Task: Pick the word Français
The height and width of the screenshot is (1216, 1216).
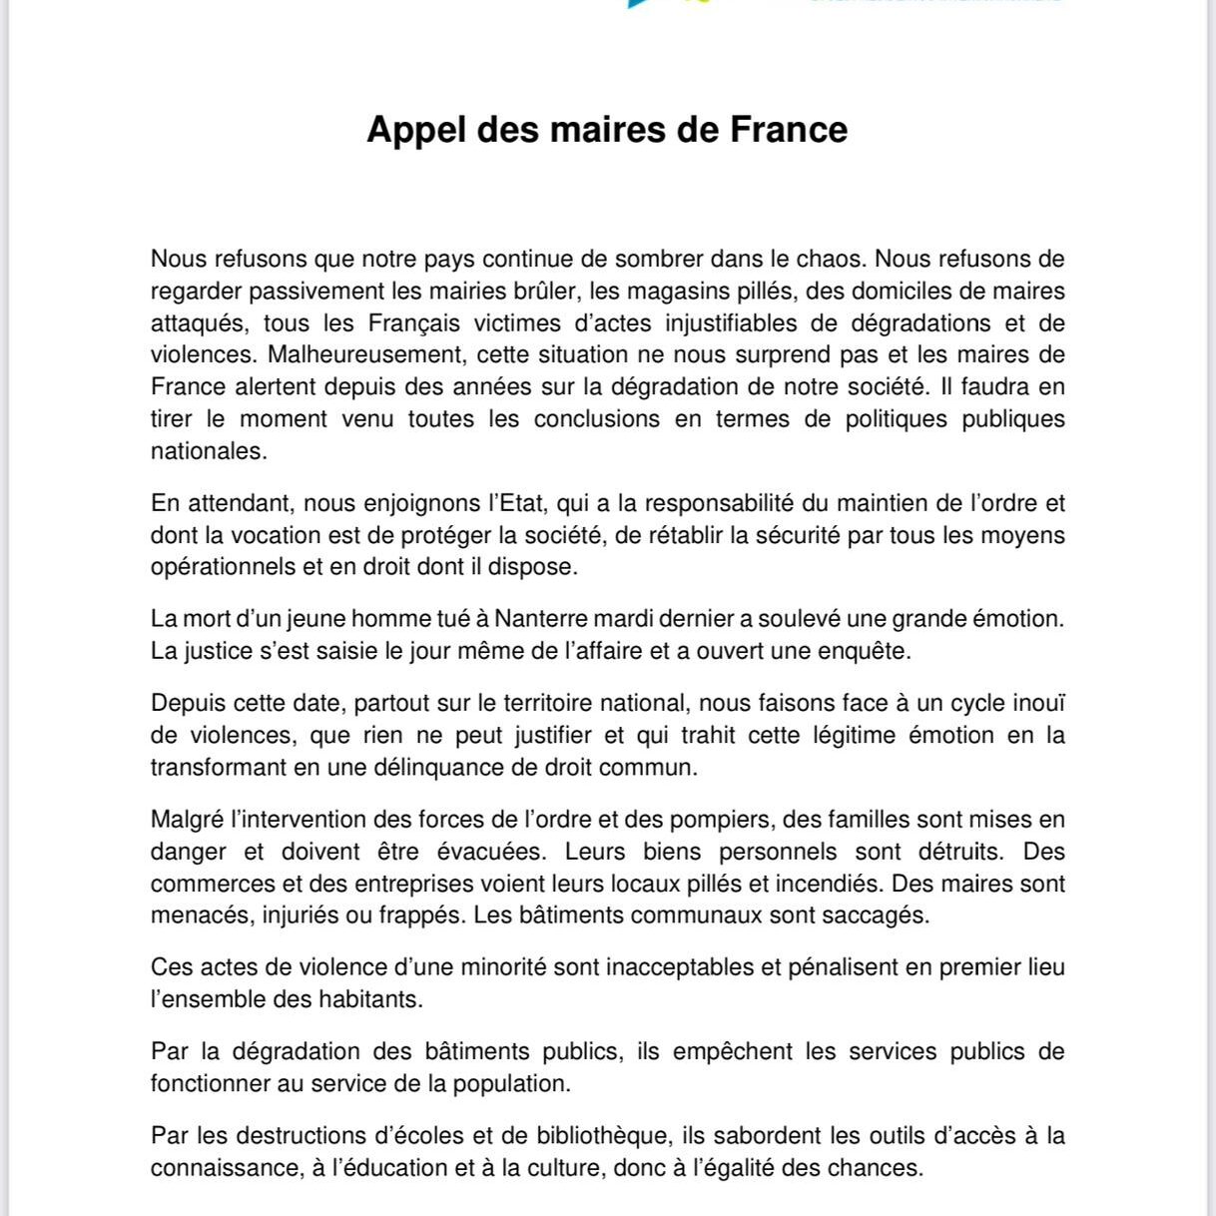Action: tap(414, 323)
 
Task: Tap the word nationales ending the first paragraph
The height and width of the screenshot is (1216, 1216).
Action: tap(207, 451)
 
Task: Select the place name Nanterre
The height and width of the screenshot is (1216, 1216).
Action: tap(540, 619)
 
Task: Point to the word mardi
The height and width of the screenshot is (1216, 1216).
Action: tap(628, 619)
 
